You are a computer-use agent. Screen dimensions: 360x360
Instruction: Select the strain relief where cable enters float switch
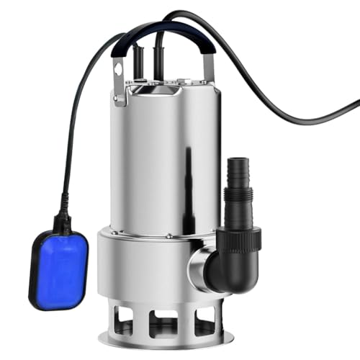[61, 216]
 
